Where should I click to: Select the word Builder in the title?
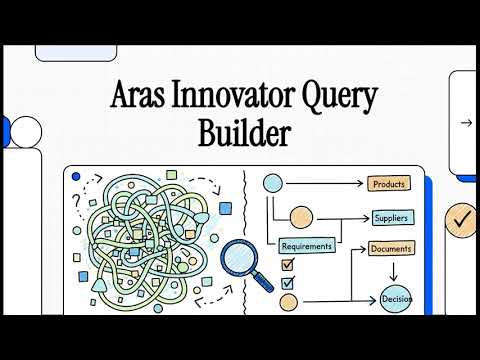240,132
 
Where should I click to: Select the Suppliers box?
391,217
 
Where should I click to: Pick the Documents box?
391,248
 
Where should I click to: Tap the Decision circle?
395,297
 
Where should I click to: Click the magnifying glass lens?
238,258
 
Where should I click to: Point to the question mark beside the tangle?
76,199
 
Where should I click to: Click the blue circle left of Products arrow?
273,184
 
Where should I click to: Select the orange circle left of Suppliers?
301,217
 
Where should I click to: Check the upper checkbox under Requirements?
288,265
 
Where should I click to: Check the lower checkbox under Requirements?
288,282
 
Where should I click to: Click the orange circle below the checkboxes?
288,301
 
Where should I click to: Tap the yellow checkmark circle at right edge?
461,216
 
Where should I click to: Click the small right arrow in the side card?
465,123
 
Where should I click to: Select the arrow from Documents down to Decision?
393,270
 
